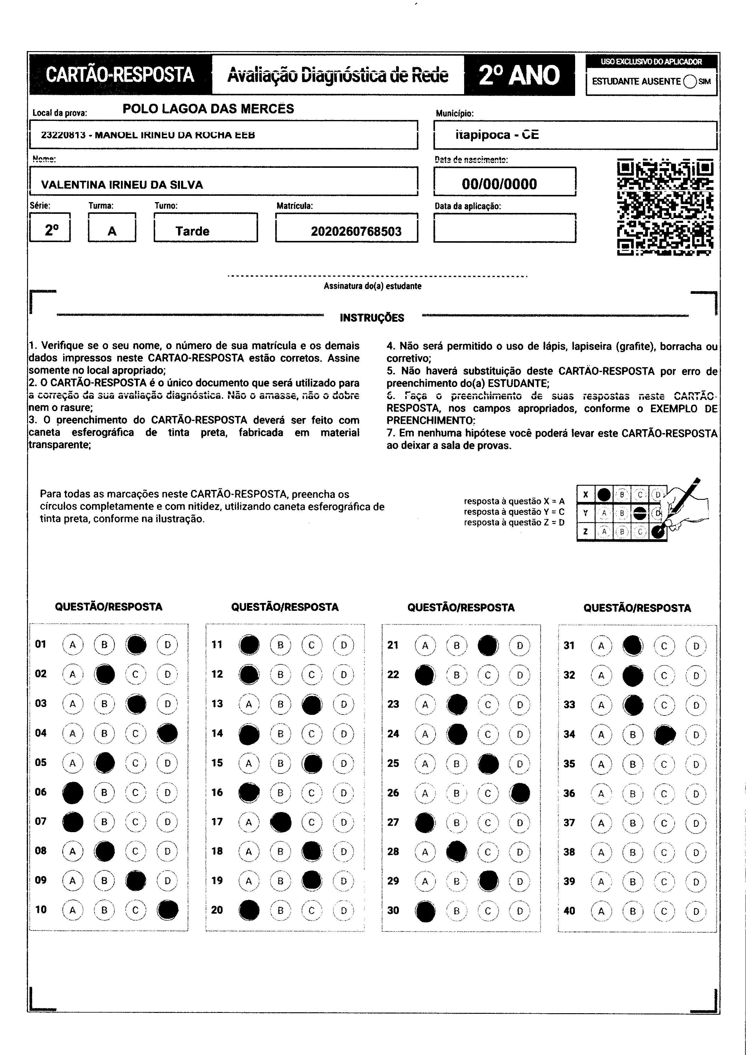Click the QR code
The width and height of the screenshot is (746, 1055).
pyautogui.click(x=665, y=207)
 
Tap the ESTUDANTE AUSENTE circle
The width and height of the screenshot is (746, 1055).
pyautogui.click(x=690, y=81)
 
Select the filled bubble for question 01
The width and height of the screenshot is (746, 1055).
pyautogui.click(x=136, y=644)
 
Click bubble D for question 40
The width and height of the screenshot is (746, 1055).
pyautogui.click(x=696, y=911)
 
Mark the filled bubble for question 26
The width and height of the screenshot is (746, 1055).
pyautogui.click(x=520, y=793)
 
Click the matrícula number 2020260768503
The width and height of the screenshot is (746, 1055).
pyautogui.click(x=356, y=231)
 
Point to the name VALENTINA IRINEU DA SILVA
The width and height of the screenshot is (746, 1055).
pyautogui.click(x=122, y=185)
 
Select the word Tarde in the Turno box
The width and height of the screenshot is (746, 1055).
pyautogui.click(x=192, y=231)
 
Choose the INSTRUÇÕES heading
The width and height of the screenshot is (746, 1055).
pyautogui.click(x=372, y=318)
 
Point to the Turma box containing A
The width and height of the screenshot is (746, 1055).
pyautogui.click(x=112, y=228)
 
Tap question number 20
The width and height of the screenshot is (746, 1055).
pyautogui.click(x=217, y=910)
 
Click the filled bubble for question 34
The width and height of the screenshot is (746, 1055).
pyautogui.click(x=665, y=735)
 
